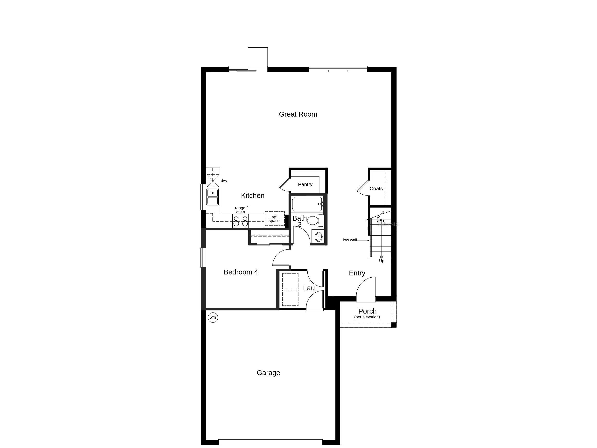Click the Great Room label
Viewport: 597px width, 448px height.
tap(298, 114)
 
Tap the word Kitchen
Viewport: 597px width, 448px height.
tap(253, 196)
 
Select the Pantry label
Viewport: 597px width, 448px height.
tap(305, 184)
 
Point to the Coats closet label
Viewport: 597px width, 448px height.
tap(376, 189)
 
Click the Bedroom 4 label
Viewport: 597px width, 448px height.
tap(241, 272)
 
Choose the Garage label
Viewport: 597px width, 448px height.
tap(268, 373)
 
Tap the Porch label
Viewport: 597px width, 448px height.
tap(367, 311)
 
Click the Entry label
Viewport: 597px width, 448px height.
tap(357, 273)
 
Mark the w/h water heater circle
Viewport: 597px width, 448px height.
tap(213, 317)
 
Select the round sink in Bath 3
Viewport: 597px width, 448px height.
tap(319, 237)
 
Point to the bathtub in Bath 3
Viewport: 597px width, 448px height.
tap(307, 204)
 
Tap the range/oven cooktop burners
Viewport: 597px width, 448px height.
tap(241, 221)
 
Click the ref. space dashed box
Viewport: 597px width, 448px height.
tap(274, 219)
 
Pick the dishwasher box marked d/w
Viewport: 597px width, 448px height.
tap(213, 181)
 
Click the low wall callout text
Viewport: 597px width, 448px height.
tap(350, 240)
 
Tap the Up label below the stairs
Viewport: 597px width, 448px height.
tap(381, 261)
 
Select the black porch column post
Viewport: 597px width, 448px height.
tap(394, 325)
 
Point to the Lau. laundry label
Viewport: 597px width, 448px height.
tap(310, 288)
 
